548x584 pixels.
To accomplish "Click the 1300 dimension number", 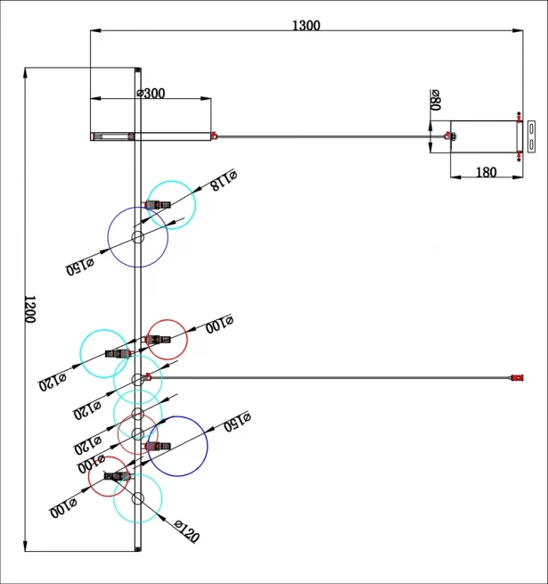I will [306, 25].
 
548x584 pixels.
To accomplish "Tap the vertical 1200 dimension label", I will [29, 309].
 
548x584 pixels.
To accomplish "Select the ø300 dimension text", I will [151, 93].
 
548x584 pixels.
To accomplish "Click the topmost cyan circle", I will [171, 205].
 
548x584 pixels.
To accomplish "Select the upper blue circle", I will [138, 237].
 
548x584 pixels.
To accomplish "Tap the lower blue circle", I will [177, 446].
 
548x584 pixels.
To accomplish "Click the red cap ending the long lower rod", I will [514, 380].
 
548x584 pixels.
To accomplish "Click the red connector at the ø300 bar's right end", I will [215, 136].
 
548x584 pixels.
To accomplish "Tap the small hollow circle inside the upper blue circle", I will [138, 237].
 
